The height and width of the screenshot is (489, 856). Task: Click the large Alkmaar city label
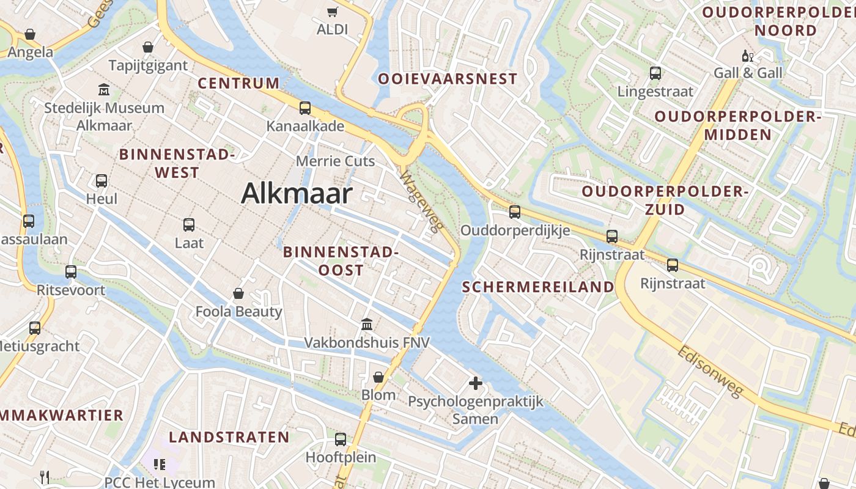tap(297, 194)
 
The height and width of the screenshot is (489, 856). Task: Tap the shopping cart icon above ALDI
tap(333, 12)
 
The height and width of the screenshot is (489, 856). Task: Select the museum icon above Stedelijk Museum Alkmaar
tap(104, 90)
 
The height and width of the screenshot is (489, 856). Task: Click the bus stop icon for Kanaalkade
tap(305, 108)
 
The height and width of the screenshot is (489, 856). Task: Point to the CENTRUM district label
tap(238, 83)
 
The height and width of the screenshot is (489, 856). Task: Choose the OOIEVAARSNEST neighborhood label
tap(448, 79)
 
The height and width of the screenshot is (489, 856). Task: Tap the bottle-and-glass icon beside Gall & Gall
tap(747, 56)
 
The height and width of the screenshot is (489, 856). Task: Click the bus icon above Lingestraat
tap(655, 73)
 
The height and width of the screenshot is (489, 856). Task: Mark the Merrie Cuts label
tap(334, 161)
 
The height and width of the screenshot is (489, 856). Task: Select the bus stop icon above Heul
tap(101, 181)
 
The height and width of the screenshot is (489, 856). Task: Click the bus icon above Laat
tap(189, 225)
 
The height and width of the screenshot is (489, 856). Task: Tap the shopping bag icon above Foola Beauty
tap(238, 294)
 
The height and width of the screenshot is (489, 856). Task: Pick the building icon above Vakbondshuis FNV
tap(367, 324)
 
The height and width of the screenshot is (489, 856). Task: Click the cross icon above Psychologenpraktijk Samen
tap(475, 384)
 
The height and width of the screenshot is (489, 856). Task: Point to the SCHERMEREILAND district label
tap(538, 287)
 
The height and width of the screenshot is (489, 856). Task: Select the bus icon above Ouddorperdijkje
tap(515, 212)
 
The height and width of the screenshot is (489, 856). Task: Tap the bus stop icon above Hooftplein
tap(341, 439)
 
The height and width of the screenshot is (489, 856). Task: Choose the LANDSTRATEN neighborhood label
tap(229, 437)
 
